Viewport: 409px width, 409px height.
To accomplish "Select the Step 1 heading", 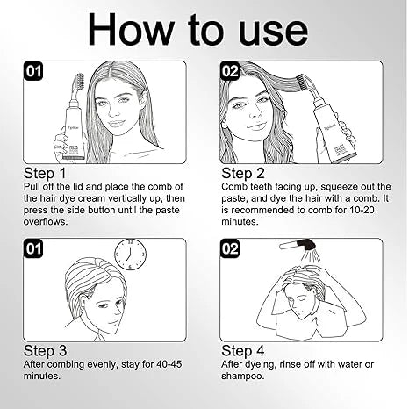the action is [45, 173].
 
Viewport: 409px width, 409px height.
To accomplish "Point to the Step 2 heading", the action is [243, 173].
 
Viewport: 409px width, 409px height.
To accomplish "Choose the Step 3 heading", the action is [45, 351].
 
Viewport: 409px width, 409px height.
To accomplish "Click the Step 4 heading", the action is [243, 351].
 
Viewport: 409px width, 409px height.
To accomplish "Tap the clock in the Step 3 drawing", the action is [130, 254].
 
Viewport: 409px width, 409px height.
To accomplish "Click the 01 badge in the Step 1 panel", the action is [33, 71].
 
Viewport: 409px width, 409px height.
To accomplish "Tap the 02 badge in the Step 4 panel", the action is [230, 248].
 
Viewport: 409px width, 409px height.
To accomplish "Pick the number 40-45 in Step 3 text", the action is [169, 364].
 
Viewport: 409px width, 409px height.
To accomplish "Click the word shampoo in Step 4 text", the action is [242, 377].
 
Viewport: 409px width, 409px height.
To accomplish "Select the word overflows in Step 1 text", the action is [46, 221].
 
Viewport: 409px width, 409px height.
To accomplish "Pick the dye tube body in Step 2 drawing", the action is [334, 130].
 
